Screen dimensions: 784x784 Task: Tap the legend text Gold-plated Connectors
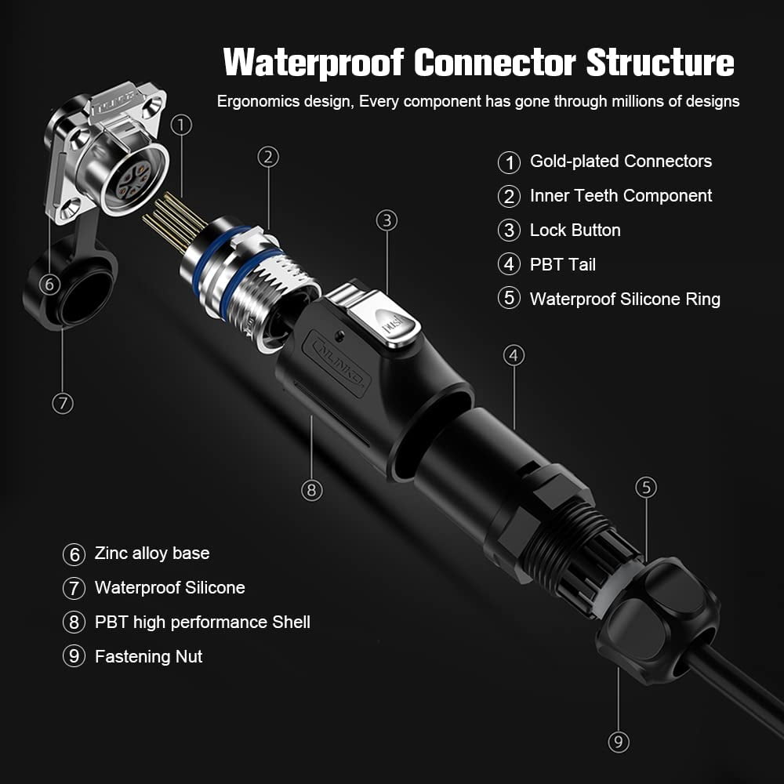pyautogui.click(x=620, y=162)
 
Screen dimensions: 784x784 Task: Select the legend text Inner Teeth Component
pyautogui.click(x=620, y=196)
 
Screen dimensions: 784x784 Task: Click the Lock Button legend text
pyautogui.click(x=575, y=230)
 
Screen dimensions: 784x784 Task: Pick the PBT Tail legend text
pyautogui.click(x=562, y=265)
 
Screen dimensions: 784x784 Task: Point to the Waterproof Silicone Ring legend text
pyautogui.click(x=624, y=299)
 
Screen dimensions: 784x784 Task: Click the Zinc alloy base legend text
pyautogui.click(x=151, y=554)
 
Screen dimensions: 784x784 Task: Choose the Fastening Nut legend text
pyautogui.click(x=148, y=657)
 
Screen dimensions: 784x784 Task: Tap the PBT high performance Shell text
pyautogui.click(x=202, y=622)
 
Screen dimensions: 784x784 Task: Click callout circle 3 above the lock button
pyautogui.click(x=387, y=220)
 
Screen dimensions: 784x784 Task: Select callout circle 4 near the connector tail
pyautogui.click(x=514, y=356)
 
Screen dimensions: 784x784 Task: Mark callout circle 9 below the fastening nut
pyautogui.click(x=619, y=741)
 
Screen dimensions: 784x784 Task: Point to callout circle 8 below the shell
pyautogui.click(x=311, y=490)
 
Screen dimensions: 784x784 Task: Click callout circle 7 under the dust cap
pyautogui.click(x=63, y=404)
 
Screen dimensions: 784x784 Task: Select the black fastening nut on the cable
pyautogui.click(x=659, y=619)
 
